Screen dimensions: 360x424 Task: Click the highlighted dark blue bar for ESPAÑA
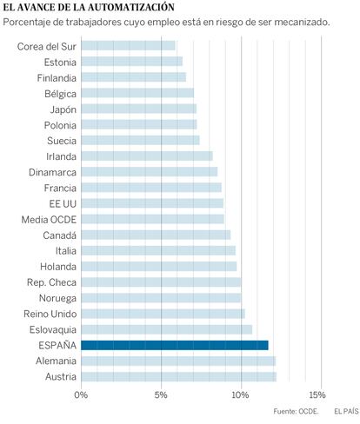click(175, 345)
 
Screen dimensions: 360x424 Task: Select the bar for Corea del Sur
click(128, 46)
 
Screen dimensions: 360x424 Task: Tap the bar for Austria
click(179, 377)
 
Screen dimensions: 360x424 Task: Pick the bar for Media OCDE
click(152, 219)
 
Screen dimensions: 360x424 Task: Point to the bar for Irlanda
click(147, 156)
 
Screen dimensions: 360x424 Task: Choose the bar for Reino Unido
click(163, 314)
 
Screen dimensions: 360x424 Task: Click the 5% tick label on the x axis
click(161, 394)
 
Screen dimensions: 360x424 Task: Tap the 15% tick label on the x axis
click(317, 394)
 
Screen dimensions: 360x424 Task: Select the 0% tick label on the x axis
click(81, 394)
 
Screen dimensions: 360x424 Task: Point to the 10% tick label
click(241, 394)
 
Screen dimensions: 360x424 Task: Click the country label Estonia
click(60, 63)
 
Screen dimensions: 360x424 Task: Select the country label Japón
click(63, 109)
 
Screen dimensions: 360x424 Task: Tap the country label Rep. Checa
click(51, 282)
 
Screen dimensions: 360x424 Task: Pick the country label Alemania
click(57, 361)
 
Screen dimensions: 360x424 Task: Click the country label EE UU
click(63, 204)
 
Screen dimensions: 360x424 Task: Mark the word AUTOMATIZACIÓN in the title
click(131, 7)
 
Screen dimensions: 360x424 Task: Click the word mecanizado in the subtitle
click(302, 23)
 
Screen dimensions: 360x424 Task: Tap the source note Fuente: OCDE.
click(296, 411)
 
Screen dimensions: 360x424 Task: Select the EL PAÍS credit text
click(346, 411)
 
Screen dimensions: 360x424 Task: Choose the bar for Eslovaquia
click(167, 329)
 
